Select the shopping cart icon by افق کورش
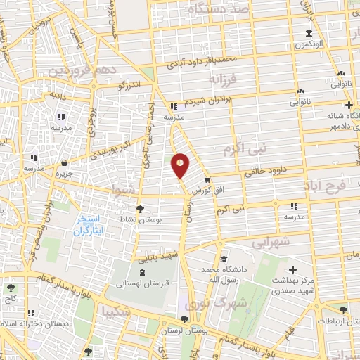tap(207, 181)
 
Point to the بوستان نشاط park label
tap(144, 220)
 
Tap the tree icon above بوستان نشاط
tap(140, 210)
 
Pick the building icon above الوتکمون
tap(309, 34)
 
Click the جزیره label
tap(65, 173)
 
